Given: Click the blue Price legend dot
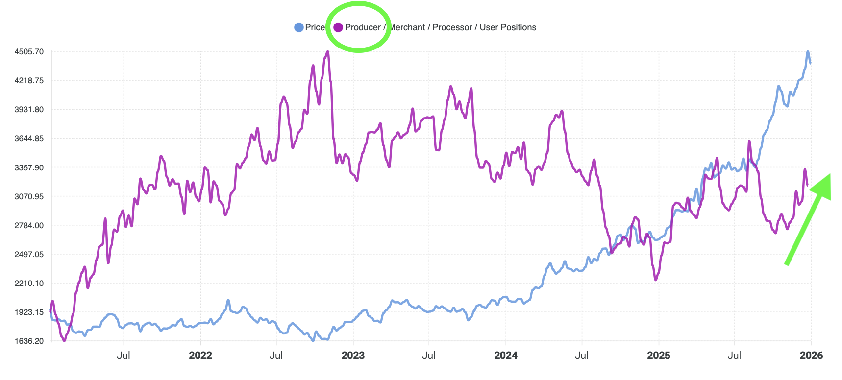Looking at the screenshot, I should click(298, 27).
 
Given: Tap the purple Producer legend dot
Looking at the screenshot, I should click(338, 27).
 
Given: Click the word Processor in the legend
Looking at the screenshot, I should click(452, 27).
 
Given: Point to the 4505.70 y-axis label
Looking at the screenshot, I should click(29, 51).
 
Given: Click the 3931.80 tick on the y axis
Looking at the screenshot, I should click(29, 109).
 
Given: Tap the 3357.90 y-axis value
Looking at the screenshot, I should click(29, 167).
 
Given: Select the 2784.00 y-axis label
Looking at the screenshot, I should click(29, 225).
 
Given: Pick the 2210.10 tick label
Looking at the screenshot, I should click(29, 283).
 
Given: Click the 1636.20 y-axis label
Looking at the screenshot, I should click(29, 341).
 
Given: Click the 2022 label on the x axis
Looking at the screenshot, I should click(200, 356).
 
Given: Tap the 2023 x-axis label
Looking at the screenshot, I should click(353, 356).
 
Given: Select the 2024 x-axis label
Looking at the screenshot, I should click(506, 356).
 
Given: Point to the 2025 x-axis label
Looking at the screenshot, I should click(658, 356).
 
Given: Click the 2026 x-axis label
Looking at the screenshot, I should click(811, 356).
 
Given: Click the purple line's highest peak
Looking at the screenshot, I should click(328, 51).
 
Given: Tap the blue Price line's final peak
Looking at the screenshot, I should click(808, 51).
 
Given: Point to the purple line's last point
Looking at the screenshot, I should click(807, 185).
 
